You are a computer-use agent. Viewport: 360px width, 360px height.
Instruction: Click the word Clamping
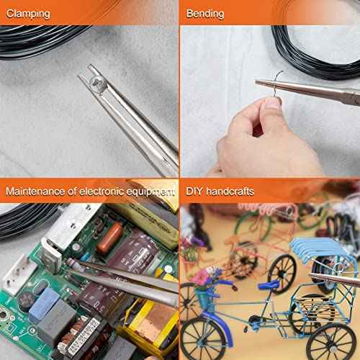tap(28, 14)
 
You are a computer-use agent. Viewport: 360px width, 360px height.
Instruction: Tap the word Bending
tap(205, 14)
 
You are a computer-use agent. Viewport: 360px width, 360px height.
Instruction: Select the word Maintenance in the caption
tap(35, 192)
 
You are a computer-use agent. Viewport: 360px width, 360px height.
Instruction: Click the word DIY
tap(194, 192)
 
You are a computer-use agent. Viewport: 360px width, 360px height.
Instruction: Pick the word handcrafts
tap(230, 192)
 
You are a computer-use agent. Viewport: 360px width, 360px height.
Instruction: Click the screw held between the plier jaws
tap(96, 85)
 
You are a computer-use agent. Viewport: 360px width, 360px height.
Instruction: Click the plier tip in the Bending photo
tap(257, 82)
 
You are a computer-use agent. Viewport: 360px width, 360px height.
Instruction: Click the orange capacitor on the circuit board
tap(110, 238)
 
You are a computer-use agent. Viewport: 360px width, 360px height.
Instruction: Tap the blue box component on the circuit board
tap(44, 305)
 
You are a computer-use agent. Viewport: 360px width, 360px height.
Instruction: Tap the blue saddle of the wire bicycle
tap(269, 285)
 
